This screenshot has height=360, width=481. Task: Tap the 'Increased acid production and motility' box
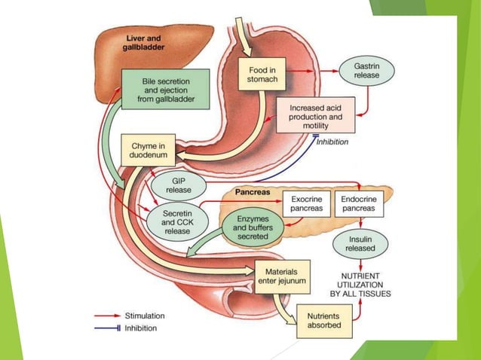click(315, 117)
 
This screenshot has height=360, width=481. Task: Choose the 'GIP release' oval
click(178, 185)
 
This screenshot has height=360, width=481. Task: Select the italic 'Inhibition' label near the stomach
click(332, 142)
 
